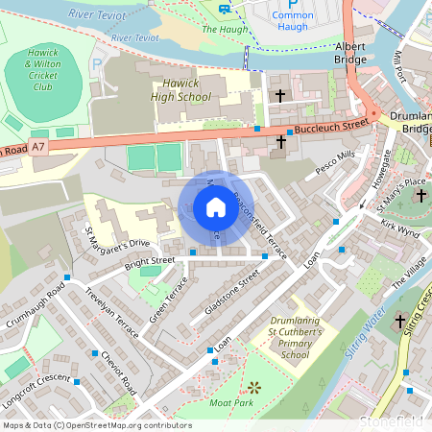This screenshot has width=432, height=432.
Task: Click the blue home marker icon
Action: pos(215,207)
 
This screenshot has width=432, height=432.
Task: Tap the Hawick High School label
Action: pos(180,90)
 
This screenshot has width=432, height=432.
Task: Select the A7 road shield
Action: pos(37,147)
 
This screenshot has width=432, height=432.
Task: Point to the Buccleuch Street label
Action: pos(332,125)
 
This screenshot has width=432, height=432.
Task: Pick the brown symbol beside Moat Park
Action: pos(254,387)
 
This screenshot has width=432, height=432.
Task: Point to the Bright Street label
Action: pos(149,260)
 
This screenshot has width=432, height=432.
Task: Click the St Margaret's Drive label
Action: pos(117,237)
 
